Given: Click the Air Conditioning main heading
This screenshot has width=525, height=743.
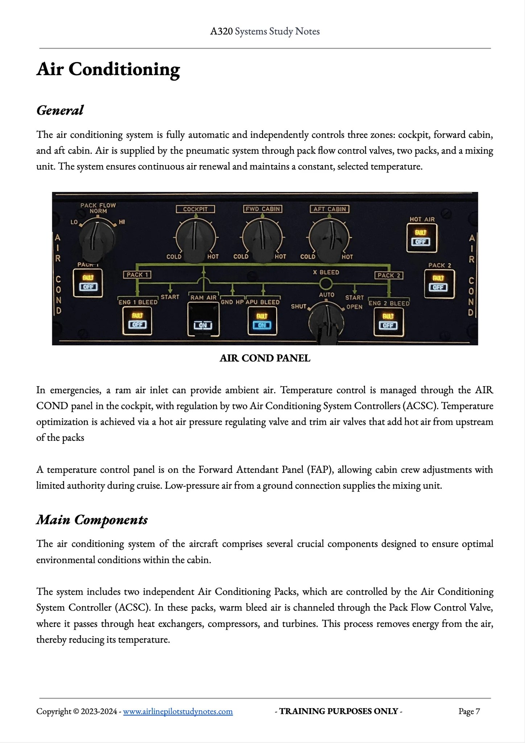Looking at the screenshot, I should [108, 69].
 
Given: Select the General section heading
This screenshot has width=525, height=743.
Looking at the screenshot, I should [60, 110].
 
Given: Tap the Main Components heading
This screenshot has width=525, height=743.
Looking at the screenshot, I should [92, 520].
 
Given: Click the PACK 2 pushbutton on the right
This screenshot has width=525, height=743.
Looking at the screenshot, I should [438, 283].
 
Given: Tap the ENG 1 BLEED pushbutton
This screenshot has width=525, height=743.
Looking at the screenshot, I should [137, 321].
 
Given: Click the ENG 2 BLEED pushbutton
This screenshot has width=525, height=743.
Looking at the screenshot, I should [388, 321].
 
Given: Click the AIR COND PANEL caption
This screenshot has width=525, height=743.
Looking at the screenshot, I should [265, 358].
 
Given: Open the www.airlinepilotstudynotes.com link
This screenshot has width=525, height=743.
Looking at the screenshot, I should [178, 711].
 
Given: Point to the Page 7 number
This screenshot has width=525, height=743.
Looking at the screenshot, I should [469, 711].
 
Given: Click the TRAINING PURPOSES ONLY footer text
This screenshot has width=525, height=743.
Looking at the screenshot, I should [338, 711].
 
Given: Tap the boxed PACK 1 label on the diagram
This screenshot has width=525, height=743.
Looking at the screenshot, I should [137, 275].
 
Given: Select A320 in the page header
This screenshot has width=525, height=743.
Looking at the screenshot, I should [221, 32].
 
